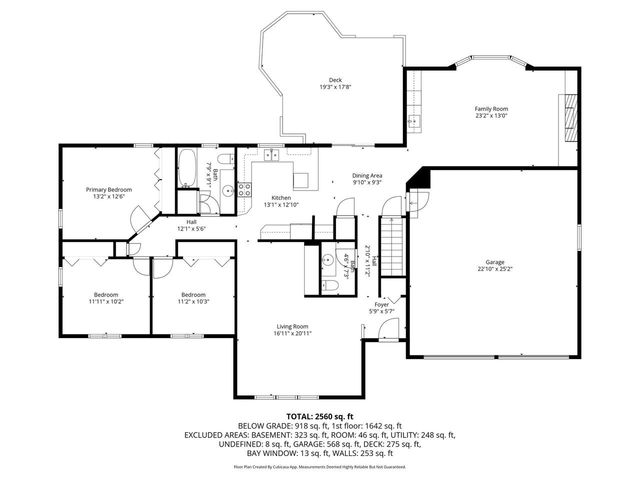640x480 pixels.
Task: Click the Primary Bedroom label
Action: click(109, 189)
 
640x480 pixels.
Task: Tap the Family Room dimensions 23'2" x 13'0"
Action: click(491, 116)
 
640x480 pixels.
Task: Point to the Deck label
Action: click(335, 80)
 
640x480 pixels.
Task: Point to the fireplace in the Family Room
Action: click(570, 115)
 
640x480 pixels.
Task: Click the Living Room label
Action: click(293, 325)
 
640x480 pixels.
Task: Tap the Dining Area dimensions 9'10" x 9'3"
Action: click(367, 183)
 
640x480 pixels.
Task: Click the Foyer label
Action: click(381, 305)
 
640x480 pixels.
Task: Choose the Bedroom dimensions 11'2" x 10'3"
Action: click(193, 301)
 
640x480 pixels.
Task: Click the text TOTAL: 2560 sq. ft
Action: click(320, 415)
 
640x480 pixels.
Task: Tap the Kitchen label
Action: click(281, 198)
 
